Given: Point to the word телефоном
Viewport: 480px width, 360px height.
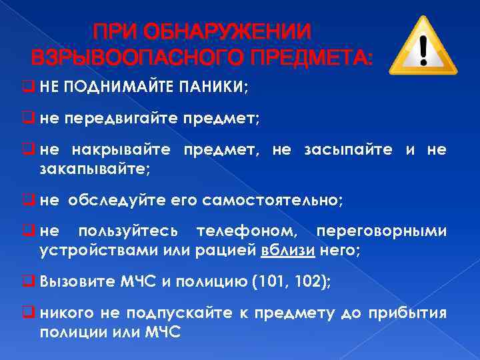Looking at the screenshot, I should (247, 231).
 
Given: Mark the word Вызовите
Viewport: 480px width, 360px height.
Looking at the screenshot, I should (70, 282).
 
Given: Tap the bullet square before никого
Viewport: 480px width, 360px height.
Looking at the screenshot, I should (31, 313).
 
